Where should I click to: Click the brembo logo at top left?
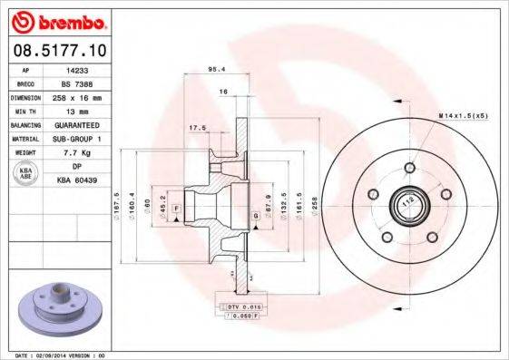tap(57, 19)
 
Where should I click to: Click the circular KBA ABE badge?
tap(26, 173)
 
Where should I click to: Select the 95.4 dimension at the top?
tap(217, 69)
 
